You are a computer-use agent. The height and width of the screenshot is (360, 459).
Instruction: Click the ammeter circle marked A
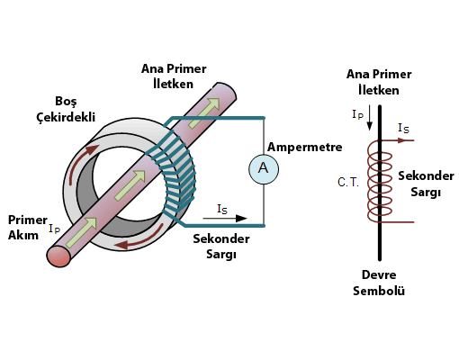(264, 169)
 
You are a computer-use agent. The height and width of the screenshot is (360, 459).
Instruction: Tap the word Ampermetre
(304, 147)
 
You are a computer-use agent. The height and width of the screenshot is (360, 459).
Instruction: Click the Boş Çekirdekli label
(66, 109)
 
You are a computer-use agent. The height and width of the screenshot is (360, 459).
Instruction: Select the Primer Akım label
(27, 228)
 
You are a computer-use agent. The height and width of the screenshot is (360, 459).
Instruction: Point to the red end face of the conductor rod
(58, 256)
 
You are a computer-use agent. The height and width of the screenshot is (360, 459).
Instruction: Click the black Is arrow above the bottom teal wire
(225, 219)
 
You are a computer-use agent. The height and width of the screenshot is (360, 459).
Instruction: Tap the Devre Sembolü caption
(379, 283)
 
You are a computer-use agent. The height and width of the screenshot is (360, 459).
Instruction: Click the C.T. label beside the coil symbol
(348, 182)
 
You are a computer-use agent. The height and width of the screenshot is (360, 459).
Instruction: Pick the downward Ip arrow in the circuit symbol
(370, 118)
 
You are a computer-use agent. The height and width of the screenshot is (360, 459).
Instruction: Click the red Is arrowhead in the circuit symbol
(401, 140)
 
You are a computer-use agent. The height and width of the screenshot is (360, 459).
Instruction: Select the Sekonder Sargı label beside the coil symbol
(426, 184)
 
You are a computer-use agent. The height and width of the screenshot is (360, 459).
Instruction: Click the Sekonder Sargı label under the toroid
(221, 247)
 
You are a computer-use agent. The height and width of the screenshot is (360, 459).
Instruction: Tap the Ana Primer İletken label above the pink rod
(174, 76)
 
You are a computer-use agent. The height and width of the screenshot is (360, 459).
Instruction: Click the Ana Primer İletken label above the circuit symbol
(379, 82)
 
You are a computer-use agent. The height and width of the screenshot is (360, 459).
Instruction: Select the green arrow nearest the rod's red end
(81, 232)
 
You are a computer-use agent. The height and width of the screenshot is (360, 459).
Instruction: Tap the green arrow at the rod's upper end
(203, 112)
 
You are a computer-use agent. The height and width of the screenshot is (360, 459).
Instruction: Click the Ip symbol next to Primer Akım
(55, 229)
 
